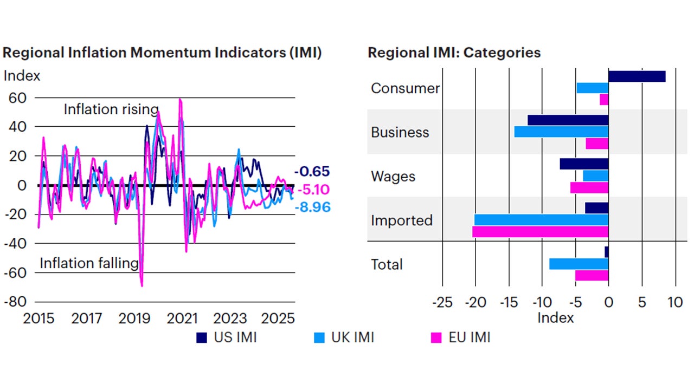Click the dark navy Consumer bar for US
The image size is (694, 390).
637,76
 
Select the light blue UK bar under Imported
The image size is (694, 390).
541,219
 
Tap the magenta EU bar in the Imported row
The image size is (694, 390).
540,231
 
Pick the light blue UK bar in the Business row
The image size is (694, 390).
561,132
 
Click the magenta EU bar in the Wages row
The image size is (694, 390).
589,187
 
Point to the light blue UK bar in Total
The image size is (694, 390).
579,264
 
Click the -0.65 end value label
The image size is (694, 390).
312,172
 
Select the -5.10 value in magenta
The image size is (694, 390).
313,190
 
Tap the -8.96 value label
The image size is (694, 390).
312,207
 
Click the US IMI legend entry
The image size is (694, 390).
226,337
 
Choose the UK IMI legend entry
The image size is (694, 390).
344,337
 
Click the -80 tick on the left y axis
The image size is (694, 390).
16,302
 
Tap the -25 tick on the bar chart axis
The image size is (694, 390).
442,302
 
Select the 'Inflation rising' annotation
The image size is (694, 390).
111,109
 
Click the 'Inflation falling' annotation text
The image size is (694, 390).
89,264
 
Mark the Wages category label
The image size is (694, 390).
393,176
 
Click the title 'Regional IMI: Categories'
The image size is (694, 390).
454,53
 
